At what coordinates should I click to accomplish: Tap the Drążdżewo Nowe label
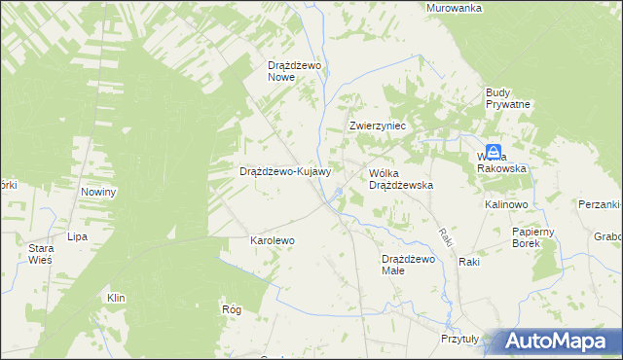click(295, 71)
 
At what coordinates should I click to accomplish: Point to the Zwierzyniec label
click(378, 127)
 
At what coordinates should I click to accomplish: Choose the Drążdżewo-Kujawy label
click(286, 171)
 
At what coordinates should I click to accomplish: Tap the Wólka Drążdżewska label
click(400, 178)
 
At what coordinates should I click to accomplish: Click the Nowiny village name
click(98, 192)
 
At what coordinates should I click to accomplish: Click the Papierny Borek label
click(533, 237)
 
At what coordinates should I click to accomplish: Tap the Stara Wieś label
click(40, 254)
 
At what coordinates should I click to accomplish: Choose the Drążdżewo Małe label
click(407, 265)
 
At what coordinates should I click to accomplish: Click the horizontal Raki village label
click(470, 263)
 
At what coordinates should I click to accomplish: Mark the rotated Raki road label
click(444, 236)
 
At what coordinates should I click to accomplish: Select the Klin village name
click(116, 298)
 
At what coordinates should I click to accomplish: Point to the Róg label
click(232, 308)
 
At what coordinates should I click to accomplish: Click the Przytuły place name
click(459, 339)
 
